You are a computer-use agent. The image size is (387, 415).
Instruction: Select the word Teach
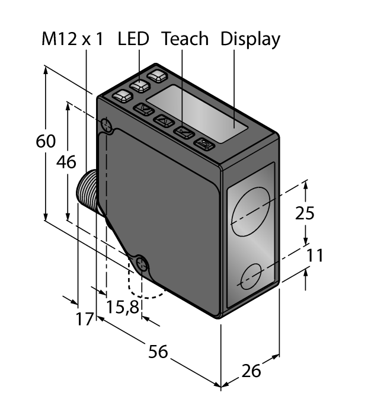pos(185,39)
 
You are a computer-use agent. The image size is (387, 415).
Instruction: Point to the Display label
pos(250,39)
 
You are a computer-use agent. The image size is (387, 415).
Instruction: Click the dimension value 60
pos(46,142)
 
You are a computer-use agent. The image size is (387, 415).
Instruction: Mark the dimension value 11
pos(315,256)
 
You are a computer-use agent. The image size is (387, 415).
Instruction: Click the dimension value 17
pos(85,319)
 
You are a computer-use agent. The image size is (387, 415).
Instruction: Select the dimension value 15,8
pos(123,307)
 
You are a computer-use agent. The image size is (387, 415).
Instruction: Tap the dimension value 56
pos(158,352)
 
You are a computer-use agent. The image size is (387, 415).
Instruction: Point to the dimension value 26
pos(252,372)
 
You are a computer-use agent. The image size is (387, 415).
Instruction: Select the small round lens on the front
pos(252,275)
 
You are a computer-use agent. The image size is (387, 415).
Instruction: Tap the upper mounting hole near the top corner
pos(107,124)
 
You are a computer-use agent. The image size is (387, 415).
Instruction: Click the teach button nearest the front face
pos(204,144)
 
